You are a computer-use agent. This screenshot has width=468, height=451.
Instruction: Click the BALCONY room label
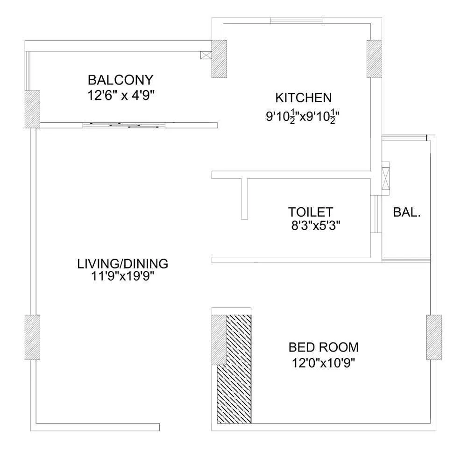coord(121,80)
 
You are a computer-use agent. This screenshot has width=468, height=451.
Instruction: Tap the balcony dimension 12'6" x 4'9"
coord(121,95)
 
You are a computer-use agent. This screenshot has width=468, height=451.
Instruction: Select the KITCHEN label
coord(303,98)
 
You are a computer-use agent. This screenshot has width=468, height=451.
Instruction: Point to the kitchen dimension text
coord(303,117)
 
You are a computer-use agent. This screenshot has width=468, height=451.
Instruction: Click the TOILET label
coord(311,212)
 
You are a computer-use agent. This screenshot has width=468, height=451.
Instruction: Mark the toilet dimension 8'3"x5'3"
coord(316,225)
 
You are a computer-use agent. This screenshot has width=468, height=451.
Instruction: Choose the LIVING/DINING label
coord(123,264)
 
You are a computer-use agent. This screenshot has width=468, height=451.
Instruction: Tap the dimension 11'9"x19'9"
coord(122,276)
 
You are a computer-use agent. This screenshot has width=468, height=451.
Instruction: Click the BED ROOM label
coord(324,347)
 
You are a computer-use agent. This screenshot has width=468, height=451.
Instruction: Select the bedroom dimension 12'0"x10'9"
coord(324,363)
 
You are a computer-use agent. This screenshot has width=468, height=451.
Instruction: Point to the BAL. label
coord(407,212)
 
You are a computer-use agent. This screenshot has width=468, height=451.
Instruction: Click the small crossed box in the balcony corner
coord(206,55)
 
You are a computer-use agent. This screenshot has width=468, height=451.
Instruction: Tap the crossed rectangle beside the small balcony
coord(386,179)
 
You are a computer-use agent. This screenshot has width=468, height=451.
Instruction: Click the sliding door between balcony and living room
coord(124,125)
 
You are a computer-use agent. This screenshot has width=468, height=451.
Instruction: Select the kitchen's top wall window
coord(297,21)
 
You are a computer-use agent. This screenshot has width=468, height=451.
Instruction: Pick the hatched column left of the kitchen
coord(219,59)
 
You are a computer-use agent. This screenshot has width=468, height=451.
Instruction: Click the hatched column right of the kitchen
coord(374,59)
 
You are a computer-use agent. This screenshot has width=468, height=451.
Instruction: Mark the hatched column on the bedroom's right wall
coord(434,338)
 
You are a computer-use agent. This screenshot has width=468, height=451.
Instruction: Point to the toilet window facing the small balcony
coord(376,214)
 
